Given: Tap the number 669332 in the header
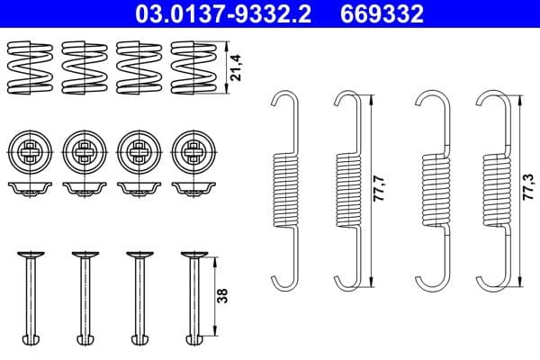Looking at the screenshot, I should coord(381,14).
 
